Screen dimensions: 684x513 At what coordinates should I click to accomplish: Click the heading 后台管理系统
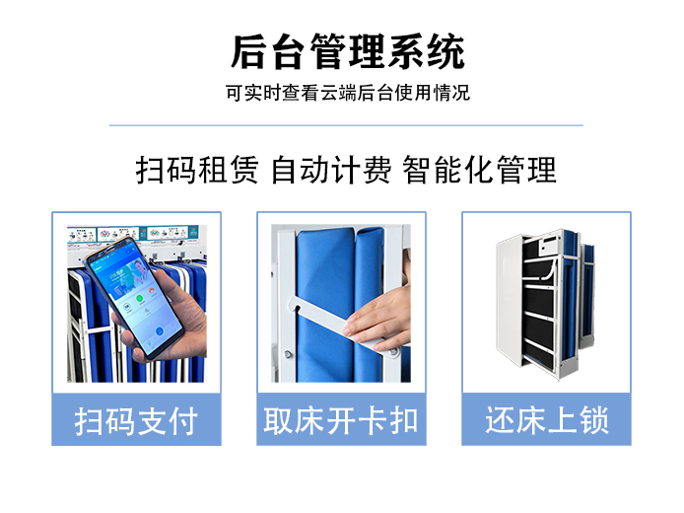(348, 52)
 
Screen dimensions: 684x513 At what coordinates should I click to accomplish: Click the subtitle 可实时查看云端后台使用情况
(348, 93)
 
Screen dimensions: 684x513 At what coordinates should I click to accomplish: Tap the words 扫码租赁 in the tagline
(197, 170)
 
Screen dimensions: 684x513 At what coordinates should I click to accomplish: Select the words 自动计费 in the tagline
(331, 170)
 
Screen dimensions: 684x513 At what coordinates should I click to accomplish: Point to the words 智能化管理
(479, 170)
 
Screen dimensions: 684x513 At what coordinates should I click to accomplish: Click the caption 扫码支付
(136, 421)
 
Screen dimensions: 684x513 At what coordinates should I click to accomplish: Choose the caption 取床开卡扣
(341, 421)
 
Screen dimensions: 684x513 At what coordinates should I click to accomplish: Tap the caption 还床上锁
(547, 421)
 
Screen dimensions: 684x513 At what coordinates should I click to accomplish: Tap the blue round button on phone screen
(160, 330)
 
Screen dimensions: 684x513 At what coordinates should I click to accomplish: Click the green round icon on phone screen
(140, 299)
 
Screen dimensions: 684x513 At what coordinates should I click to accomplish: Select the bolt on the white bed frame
(288, 354)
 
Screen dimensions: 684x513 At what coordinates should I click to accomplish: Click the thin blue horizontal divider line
(346, 125)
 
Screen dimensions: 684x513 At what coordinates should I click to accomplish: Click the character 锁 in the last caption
(593, 421)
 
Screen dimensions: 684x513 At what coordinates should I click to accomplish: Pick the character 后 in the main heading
(248, 52)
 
